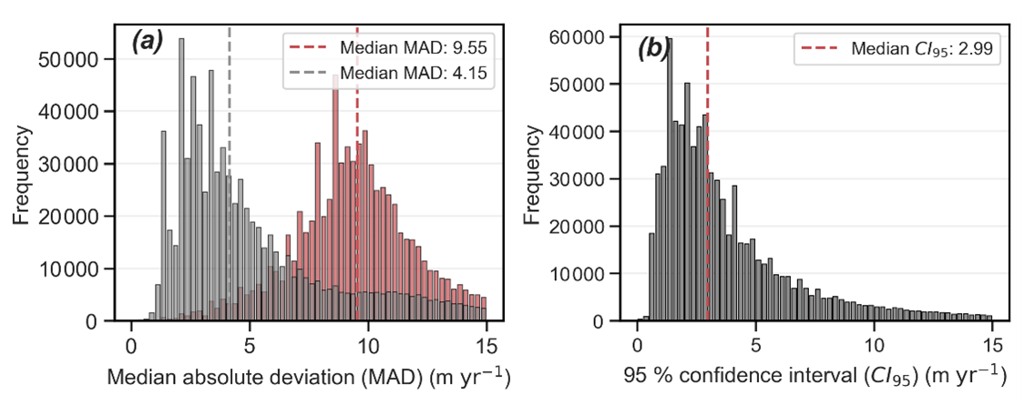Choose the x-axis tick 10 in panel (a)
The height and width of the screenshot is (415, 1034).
[x=368, y=347]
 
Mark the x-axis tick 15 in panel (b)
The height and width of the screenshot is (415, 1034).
[x=992, y=347]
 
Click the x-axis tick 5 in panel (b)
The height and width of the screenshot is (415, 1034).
[x=755, y=347]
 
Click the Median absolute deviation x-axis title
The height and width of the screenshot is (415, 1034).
[x=307, y=378]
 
